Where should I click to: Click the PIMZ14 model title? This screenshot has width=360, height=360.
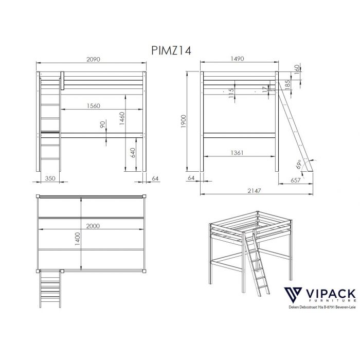pos(171,51)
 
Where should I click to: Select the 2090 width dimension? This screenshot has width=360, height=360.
pos(93,60)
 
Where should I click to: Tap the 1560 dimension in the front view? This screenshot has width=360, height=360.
pos(94,106)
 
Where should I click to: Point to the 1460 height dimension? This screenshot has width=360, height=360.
pos(122,118)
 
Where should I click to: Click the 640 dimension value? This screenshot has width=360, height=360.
pos(133,153)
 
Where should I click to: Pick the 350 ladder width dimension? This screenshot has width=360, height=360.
pos(50,178)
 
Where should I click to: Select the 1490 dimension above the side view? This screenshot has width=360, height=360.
pos(237,59)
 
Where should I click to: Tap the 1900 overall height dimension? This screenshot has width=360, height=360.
pos(184,121)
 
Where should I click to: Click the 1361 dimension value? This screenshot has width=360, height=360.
pos(237,153)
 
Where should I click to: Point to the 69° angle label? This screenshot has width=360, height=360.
pos(298,165)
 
